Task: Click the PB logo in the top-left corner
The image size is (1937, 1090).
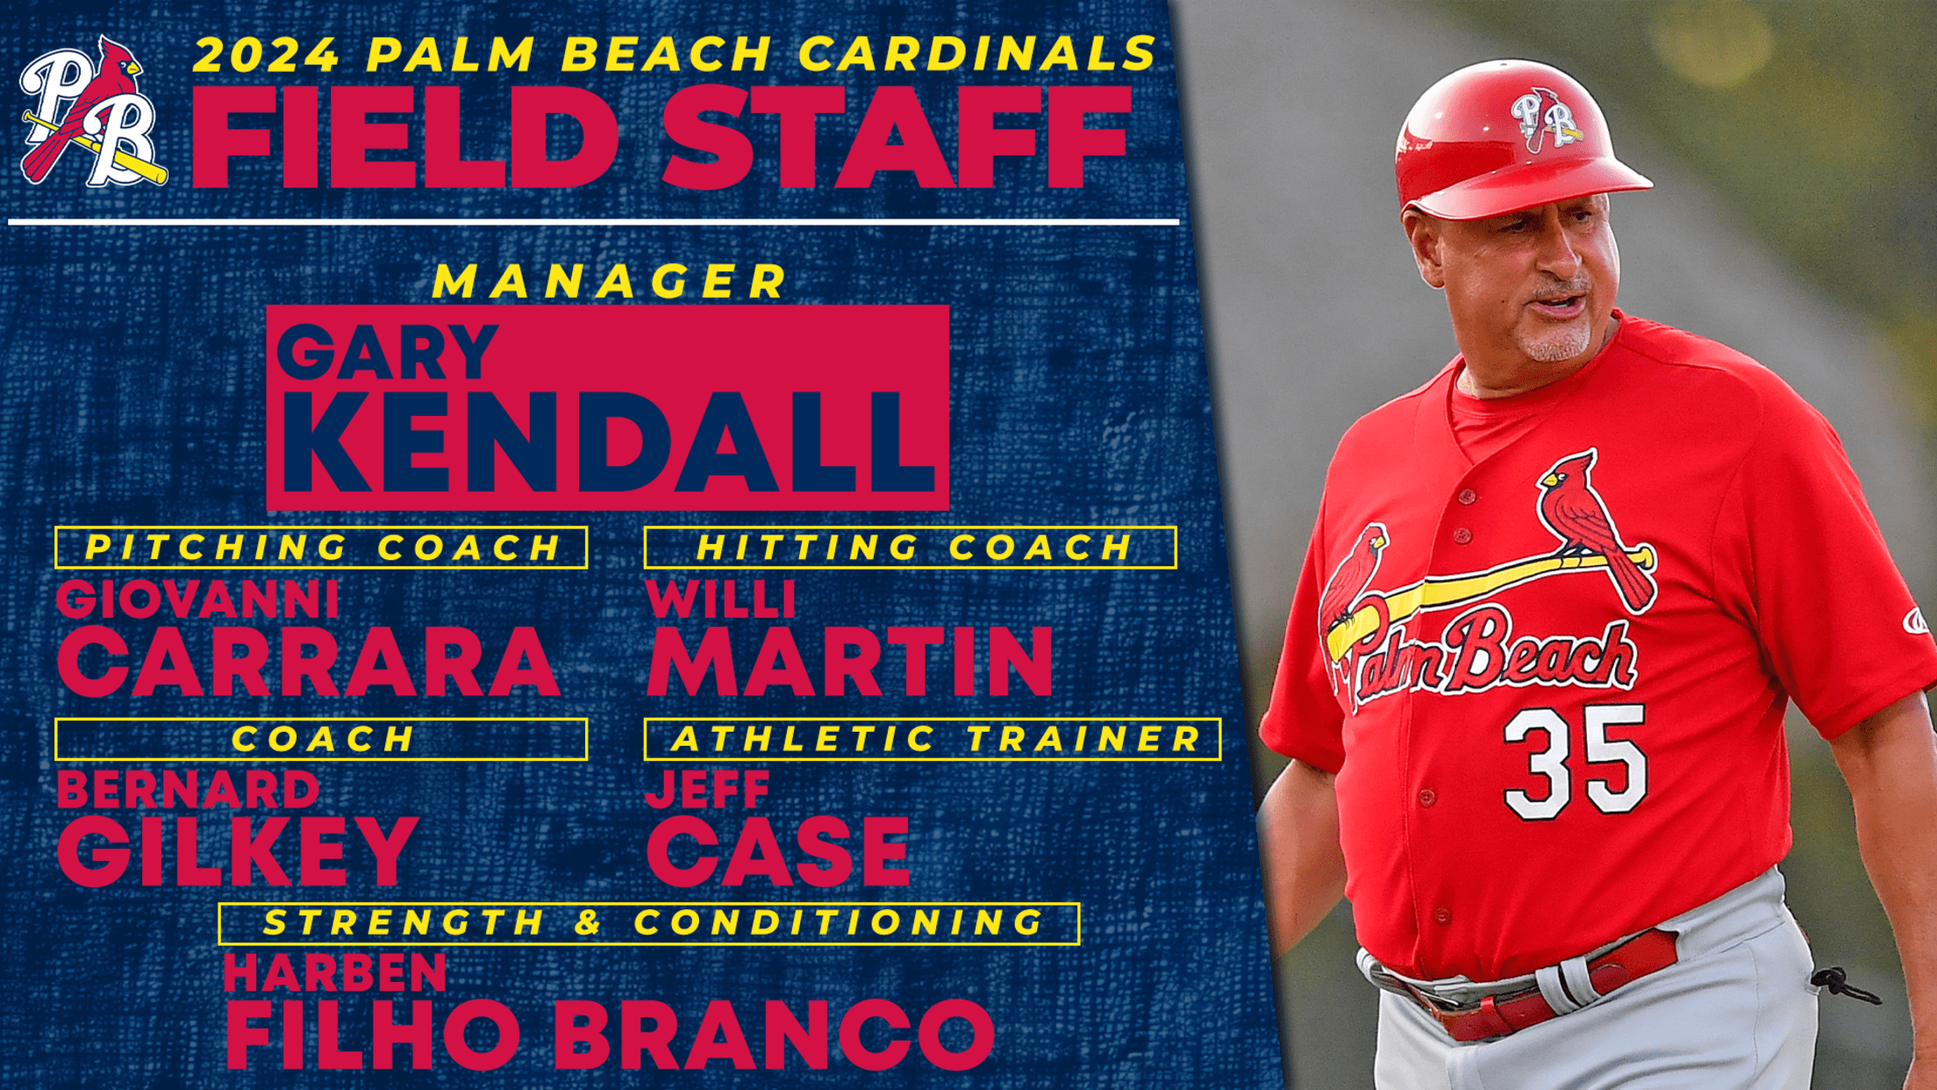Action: click(x=93, y=111)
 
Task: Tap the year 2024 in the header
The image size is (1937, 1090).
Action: click(x=265, y=54)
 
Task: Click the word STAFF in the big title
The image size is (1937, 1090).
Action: click(x=896, y=138)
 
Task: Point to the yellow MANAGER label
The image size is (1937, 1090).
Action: click(x=611, y=281)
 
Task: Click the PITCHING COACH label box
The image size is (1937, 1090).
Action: click(x=321, y=548)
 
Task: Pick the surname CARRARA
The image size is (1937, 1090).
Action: click(x=308, y=662)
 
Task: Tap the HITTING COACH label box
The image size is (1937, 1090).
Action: click(x=911, y=548)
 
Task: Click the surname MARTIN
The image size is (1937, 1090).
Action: click(x=849, y=662)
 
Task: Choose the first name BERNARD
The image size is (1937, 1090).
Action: click(x=189, y=790)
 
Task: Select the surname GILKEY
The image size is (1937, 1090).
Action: click(x=237, y=850)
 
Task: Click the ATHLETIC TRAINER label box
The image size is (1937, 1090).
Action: click(x=933, y=739)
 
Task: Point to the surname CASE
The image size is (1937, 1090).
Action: click(x=778, y=850)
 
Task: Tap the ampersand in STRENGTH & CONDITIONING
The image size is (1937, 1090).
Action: click(x=589, y=922)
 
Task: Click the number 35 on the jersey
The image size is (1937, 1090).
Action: click(x=1576, y=761)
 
